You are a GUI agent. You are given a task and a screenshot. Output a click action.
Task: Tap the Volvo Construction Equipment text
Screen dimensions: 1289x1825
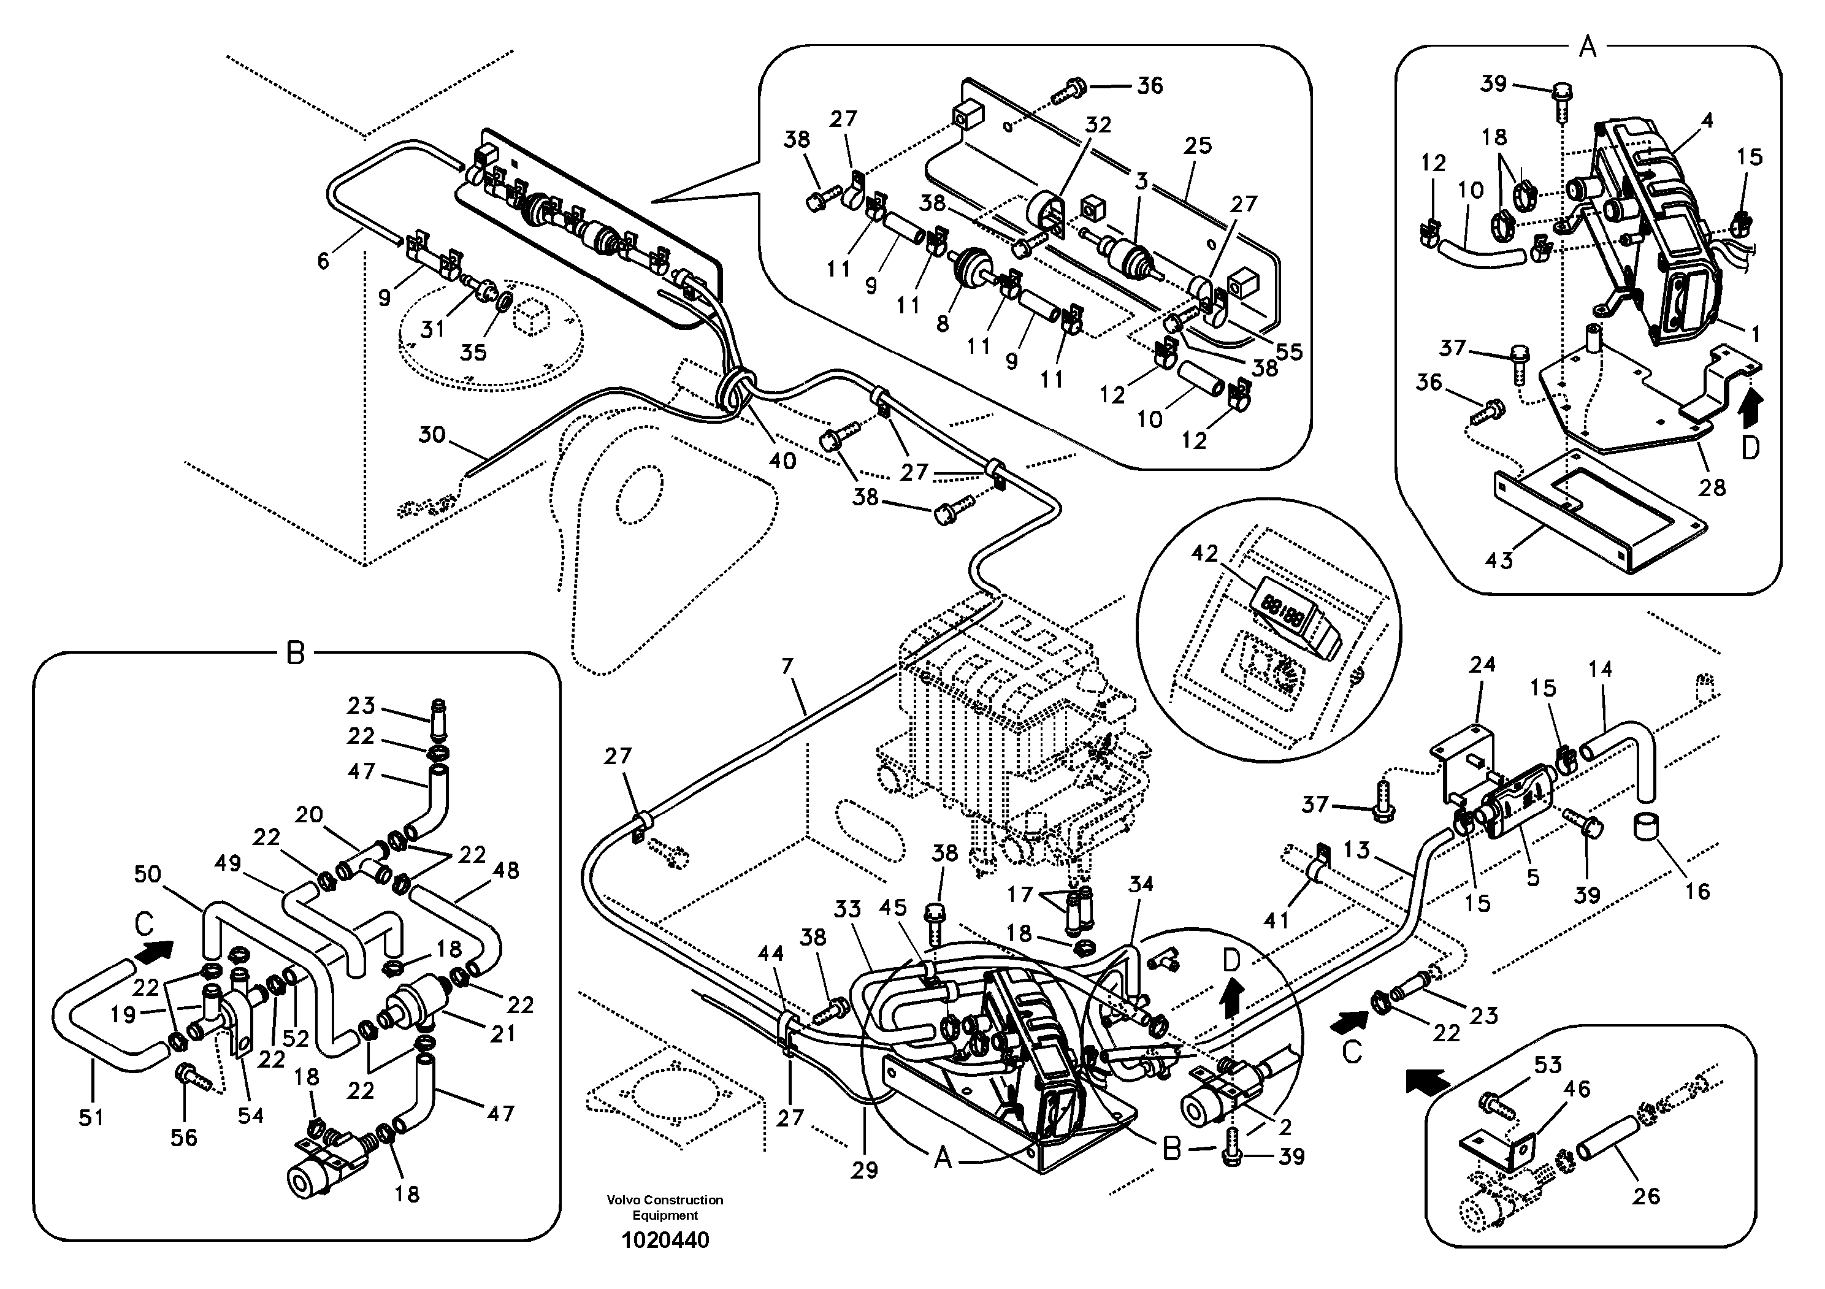(x=665, y=1208)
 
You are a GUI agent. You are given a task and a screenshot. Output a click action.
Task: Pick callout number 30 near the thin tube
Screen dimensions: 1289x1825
(x=432, y=435)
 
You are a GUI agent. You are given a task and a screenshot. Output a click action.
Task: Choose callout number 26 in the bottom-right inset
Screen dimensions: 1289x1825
(x=1645, y=1195)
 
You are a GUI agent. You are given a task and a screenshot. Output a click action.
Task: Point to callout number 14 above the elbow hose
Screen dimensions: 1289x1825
(x=1600, y=669)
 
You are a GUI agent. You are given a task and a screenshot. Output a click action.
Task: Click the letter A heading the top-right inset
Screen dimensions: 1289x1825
(x=1586, y=48)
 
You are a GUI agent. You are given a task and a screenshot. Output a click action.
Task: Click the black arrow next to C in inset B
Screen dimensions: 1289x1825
(x=159, y=950)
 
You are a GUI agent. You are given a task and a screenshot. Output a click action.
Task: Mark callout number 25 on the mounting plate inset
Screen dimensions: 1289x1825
(x=1197, y=145)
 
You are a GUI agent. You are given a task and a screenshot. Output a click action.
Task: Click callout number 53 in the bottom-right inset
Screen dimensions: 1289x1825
(x=1548, y=1064)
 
